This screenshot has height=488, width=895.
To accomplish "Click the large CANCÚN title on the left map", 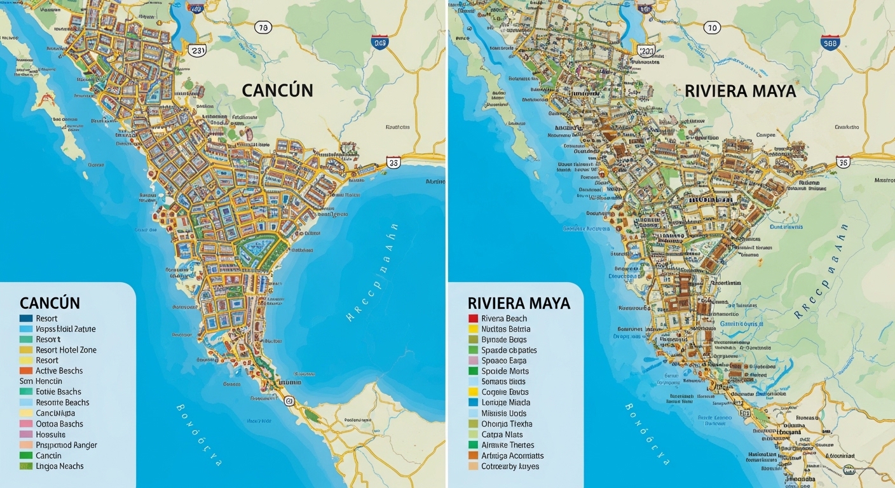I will tap(277, 90).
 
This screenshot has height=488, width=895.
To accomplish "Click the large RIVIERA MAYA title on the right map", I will tap(740, 91).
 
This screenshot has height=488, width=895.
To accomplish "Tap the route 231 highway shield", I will tap(198, 51).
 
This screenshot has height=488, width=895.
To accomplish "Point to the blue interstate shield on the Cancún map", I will tap(380, 43).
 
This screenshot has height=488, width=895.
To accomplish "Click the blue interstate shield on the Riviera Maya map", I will tap(830, 42).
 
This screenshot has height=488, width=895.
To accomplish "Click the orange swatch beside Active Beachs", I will tap(26, 371).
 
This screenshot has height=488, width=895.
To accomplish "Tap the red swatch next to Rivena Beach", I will tap(473, 319).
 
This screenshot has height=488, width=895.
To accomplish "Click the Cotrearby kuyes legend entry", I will tap(510, 466).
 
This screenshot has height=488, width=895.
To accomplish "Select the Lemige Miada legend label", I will tap(505, 403).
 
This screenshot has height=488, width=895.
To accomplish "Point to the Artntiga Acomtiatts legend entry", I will tap(512, 456).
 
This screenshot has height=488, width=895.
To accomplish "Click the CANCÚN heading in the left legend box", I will tap(50, 302).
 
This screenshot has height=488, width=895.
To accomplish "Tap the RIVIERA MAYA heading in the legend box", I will tap(519, 302).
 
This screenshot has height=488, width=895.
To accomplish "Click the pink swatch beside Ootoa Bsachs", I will tap(26, 424).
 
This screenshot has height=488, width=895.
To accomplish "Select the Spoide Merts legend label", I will tap(505, 371).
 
